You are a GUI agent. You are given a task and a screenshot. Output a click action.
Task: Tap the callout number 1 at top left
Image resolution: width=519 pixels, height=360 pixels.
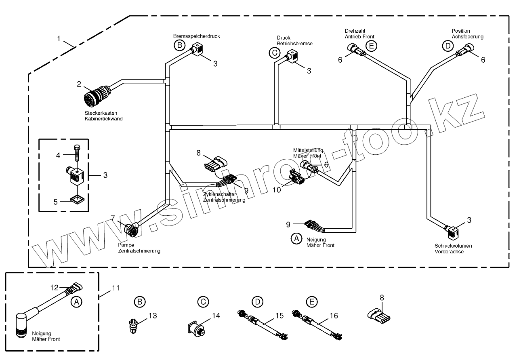tap(59, 39)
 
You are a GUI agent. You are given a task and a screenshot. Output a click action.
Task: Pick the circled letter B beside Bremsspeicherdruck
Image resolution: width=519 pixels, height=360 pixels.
tap(179, 45)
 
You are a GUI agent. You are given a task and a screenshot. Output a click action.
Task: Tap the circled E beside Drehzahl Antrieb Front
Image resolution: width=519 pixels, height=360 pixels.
tap(372, 46)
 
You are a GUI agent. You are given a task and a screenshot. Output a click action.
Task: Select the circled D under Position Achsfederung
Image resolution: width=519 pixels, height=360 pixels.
tap(447, 46)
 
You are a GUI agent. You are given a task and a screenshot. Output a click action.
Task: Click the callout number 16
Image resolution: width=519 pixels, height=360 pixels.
tap(333, 316)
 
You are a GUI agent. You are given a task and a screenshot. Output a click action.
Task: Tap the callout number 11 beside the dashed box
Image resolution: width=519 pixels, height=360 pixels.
tap(116, 288)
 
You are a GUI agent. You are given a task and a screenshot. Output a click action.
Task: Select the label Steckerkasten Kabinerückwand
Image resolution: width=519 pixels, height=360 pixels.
tap(103, 116)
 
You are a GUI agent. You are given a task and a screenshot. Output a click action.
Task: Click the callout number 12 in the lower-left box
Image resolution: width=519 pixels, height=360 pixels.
tap(55, 288)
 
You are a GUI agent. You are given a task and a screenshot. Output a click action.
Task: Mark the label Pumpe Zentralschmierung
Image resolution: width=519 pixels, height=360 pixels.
tap(139, 248)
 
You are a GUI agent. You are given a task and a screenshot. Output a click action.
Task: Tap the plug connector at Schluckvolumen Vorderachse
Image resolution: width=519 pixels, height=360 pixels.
tap(452, 232)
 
